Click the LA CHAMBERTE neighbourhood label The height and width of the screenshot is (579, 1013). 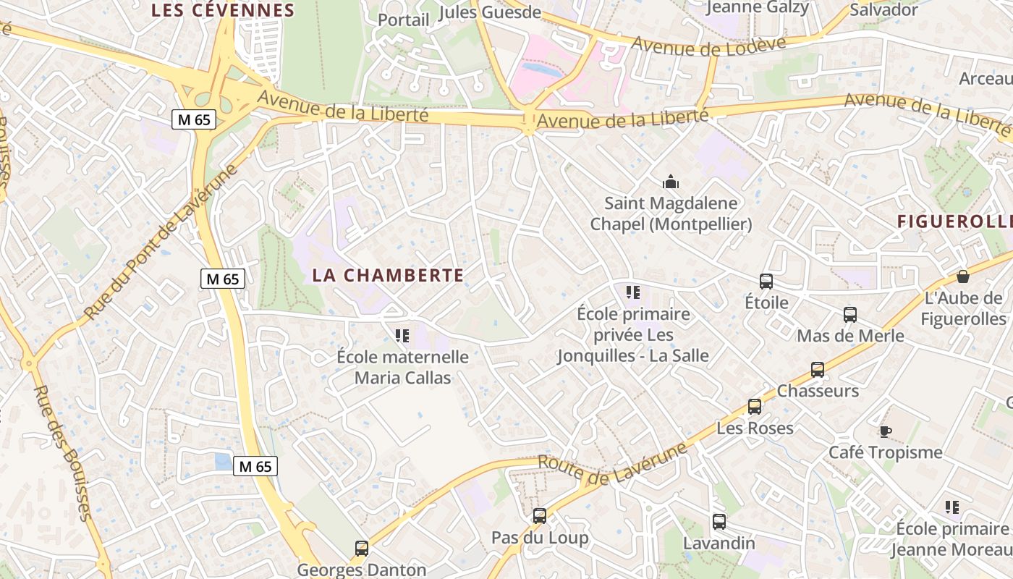tap(388, 275)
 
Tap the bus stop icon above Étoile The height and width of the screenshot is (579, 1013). tap(766, 282)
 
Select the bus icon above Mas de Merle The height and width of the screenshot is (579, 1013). tap(850, 315)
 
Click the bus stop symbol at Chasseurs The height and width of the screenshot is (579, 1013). tap(818, 370)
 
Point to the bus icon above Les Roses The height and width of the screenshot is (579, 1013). tap(755, 407)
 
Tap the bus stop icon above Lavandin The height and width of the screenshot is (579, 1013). tap(719, 522)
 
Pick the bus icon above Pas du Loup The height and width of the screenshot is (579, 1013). tap(540, 516)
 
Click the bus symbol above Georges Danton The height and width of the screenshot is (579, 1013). tap(362, 549)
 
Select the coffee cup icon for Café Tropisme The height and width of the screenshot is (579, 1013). tap(885, 432)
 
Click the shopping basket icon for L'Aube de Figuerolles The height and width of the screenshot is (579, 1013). tap(963, 276)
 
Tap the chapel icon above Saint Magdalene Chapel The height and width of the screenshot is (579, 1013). tap(671, 182)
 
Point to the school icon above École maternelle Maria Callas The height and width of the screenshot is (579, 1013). tap(402, 335)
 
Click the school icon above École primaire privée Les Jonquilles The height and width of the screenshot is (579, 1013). tap(633, 292)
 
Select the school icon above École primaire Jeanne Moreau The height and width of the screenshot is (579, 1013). tap(952, 507)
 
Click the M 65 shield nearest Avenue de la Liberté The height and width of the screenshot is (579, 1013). tap(195, 119)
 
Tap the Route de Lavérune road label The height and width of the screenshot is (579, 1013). tap(613, 464)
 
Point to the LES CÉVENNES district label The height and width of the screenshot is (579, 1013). tap(223, 10)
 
